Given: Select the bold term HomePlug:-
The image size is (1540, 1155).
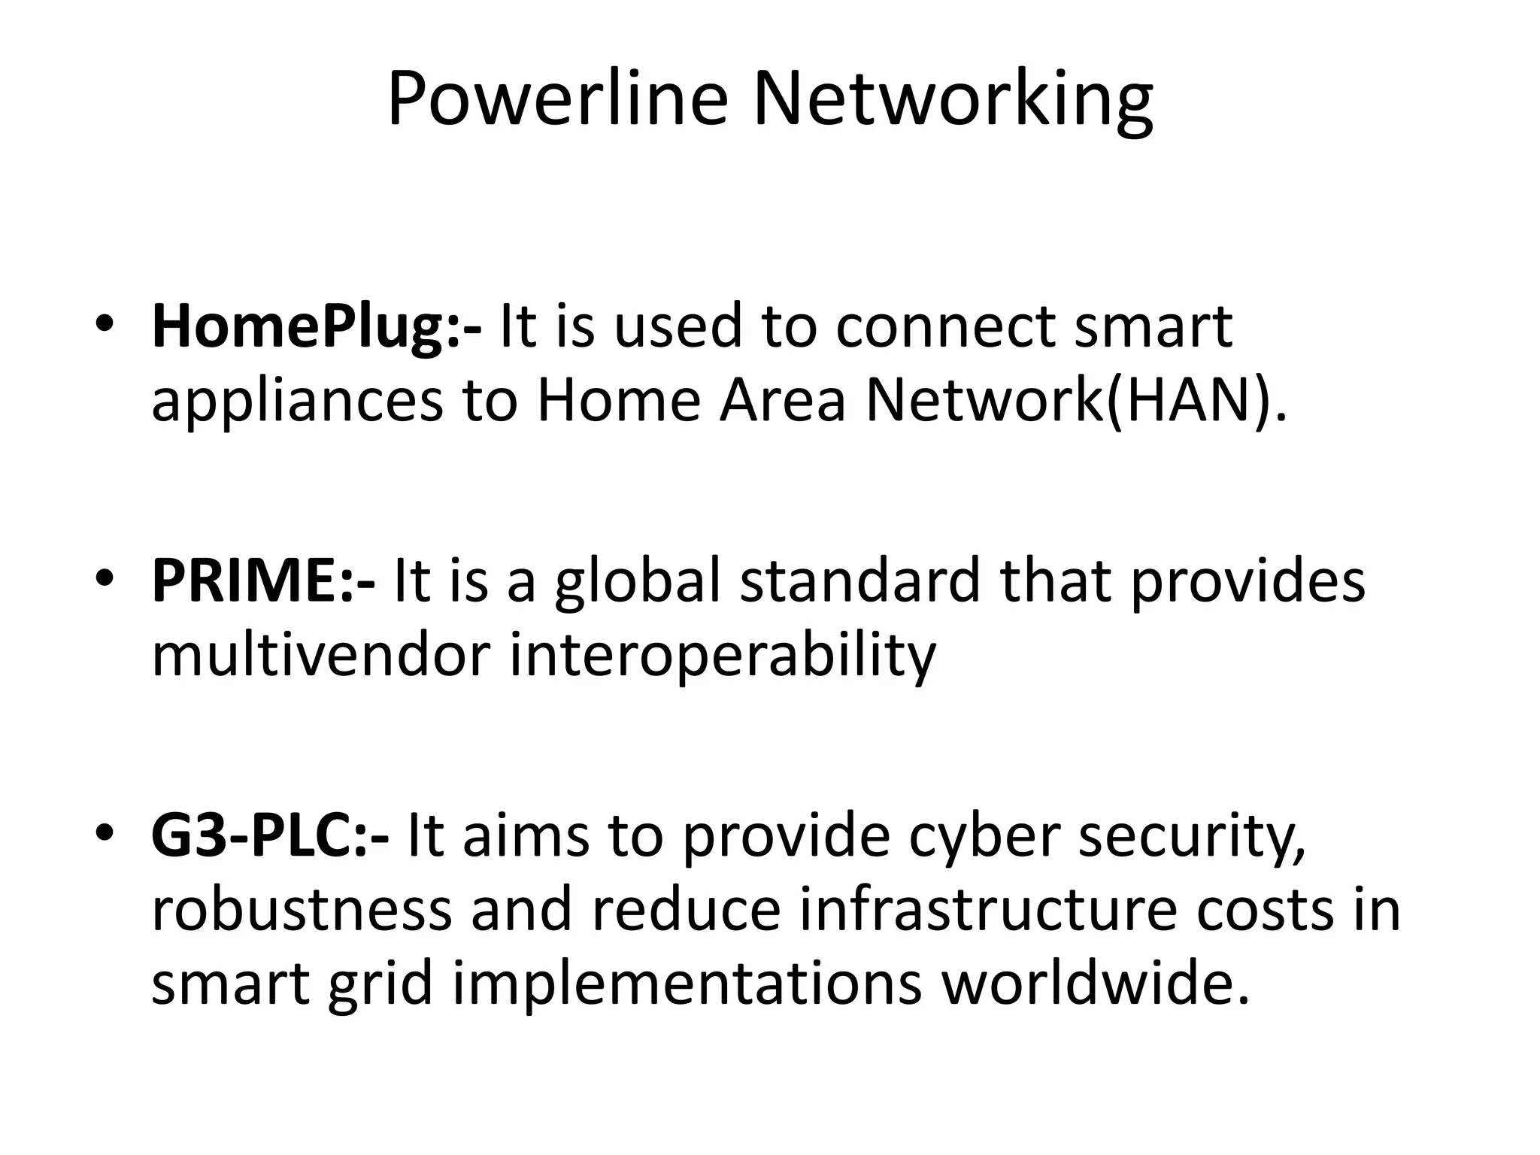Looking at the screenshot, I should (317, 327).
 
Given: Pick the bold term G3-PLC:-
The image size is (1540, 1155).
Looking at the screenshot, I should (270, 836).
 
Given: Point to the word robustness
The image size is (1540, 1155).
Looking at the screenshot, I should (302, 910).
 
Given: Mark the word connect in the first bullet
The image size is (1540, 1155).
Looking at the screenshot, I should (945, 327).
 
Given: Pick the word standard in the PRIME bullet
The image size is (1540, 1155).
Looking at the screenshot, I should (860, 581).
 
